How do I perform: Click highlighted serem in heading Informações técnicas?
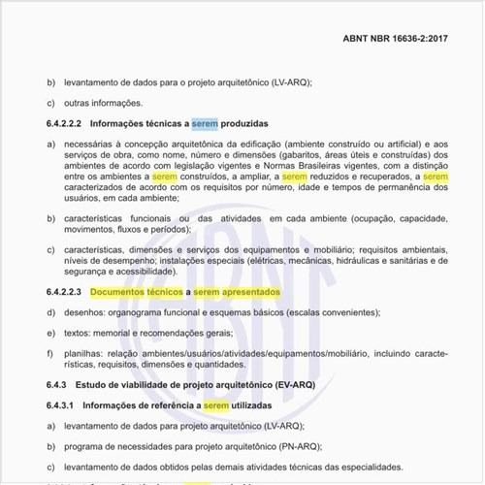point(205,125)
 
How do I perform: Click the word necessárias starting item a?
point(85,144)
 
